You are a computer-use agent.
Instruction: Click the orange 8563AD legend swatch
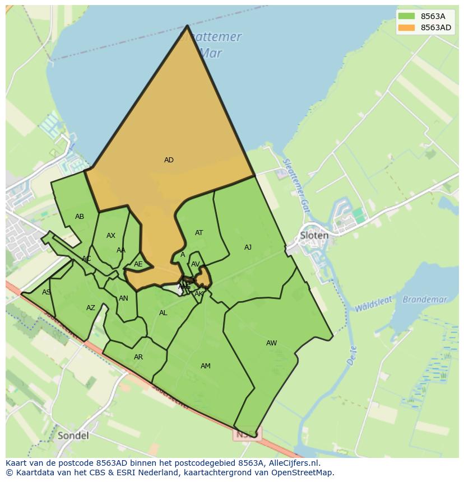pos(407,27)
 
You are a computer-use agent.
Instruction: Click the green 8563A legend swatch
pos(407,16)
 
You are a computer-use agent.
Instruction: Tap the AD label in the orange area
pos(169,160)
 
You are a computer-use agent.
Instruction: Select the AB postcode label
pos(80,217)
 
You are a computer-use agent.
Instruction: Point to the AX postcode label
pos(111,236)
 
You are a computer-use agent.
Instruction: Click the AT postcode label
pos(199,233)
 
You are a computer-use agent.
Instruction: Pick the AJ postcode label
pos(248,247)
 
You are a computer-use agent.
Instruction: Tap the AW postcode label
pos(271,343)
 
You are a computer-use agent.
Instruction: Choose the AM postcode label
pos(206,366)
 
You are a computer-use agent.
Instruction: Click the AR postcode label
pos(138,357)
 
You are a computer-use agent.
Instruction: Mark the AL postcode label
pos(163,313)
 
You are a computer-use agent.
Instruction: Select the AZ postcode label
pos(91,308)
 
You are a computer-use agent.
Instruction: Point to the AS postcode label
pos(46,292)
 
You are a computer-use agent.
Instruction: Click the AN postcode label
pos(123,298)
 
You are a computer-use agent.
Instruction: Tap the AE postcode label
pos(138,264)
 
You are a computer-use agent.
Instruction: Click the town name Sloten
pos(314,236)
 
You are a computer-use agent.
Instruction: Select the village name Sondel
pos(73,435)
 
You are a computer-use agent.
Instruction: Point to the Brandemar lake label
pos(425,300)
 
